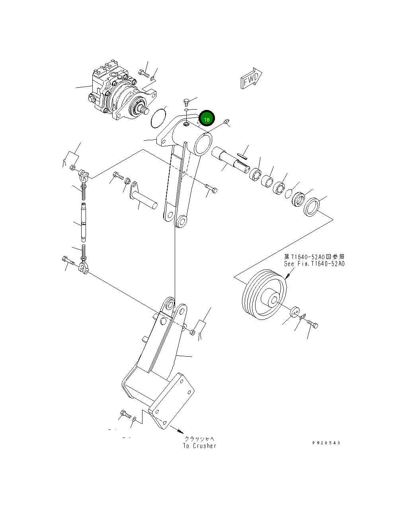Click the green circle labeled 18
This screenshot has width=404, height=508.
click(207, 119)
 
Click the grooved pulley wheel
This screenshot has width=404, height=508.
click(264, 294)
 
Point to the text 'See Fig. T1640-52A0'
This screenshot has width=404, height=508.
click(314, 264)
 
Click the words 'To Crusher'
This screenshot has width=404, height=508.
click(199, 446)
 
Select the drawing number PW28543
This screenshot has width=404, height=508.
click(326, 443)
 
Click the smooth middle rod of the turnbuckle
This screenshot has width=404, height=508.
click(84, 222)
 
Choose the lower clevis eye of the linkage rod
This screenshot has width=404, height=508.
click(84, 267)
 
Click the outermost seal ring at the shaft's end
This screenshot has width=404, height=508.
click(312, 207)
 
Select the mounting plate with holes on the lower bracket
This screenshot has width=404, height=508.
click(172, 401)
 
